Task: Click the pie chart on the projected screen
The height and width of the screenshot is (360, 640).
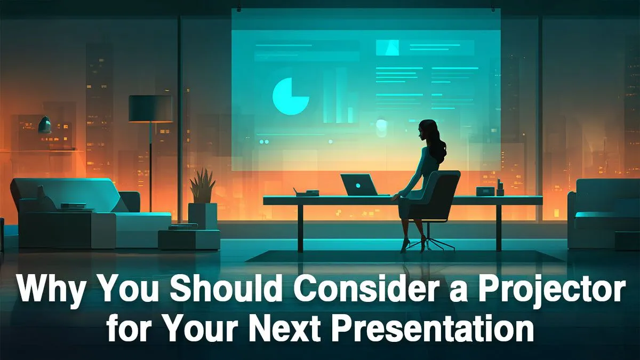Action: click(x=290, y=96)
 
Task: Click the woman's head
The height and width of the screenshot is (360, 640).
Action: click(x=429, y=130)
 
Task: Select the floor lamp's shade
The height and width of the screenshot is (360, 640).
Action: click(x=150, y=108)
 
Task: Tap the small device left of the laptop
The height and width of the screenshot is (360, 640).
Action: click(x=307, y=193)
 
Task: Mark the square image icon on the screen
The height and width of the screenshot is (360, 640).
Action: click(x=387, y=47)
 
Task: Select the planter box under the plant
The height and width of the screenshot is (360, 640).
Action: click(x=203, y=215)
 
